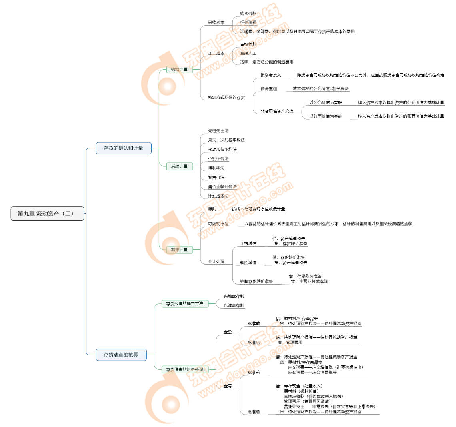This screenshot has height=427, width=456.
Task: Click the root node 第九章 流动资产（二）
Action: click(x=48, y=214)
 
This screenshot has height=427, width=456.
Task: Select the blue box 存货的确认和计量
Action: click(x=123, y=148)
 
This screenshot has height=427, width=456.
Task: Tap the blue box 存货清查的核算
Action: click(x=121, y=355)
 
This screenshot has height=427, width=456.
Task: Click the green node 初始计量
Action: click(x=179, y=70)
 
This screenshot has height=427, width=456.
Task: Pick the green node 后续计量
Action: click(x=179, y=166)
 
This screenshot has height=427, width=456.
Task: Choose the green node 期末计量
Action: click(x=179, y=250)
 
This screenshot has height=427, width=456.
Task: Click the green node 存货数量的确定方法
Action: click(x=185, y=304)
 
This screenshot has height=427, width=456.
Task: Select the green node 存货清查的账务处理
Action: click(x=185, y=370)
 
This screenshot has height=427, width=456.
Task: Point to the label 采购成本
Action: click(x=216, y=23)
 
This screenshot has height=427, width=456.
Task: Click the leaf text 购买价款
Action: click(x=248, y=14)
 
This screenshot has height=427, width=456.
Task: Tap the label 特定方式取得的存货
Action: click(x=226, y=97)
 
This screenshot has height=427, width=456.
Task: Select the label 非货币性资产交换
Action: click(x=277, y=111)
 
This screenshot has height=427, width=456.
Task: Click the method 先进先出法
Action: click(x=218, y=131)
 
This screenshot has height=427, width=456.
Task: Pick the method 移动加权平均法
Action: click(x=222, y=150)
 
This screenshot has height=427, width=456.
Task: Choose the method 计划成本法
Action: click(x=218, y=196)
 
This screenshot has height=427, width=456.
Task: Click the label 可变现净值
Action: click(x=218, y=224)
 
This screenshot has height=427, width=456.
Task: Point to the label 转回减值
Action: click(x=248, y=263)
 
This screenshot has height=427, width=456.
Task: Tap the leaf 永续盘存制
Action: click(x=234, y=305)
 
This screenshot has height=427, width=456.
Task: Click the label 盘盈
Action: click(x=228, y=332)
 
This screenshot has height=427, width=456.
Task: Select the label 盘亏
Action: click(x=228, y=386)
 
